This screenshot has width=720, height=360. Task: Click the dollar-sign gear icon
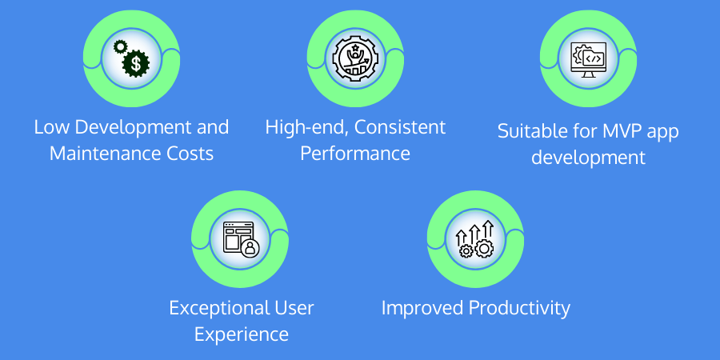coord(136,63)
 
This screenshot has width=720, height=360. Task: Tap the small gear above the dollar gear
coord(120,46)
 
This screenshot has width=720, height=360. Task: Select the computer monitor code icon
coord(588,60)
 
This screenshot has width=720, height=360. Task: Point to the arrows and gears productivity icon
coord(474,238)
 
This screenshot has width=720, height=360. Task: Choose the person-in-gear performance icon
coord(355,58)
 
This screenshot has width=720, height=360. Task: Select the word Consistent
coord(400,127)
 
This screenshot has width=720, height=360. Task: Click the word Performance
coord(355,154)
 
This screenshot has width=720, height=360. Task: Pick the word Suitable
coord(526,131)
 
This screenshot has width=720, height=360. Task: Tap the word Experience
coord(242,334)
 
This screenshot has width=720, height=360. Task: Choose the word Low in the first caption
coord(51,127)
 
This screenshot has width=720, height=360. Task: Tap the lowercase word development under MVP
coord(588,158)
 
